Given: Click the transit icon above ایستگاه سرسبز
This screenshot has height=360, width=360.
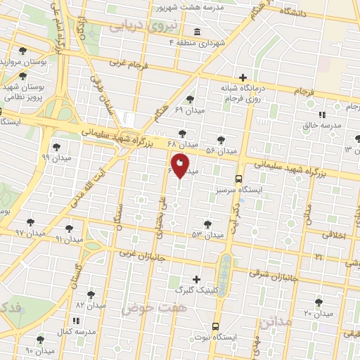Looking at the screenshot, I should [x=239, y=179].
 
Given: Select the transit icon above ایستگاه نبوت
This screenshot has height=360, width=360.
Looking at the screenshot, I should [x=214, y=326].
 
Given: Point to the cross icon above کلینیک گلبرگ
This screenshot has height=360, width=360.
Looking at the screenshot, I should [x=196, y=278].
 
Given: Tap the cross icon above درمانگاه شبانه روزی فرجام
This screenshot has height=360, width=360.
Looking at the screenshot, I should [x=243, y=77].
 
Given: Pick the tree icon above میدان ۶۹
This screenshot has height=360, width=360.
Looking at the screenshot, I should [x=189, y=99].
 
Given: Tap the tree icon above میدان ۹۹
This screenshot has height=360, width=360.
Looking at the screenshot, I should [x=56, y=147].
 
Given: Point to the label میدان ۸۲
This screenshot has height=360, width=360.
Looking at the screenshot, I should [x=90, y=306].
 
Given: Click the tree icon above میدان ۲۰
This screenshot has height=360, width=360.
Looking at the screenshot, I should [x=319, y=302].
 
